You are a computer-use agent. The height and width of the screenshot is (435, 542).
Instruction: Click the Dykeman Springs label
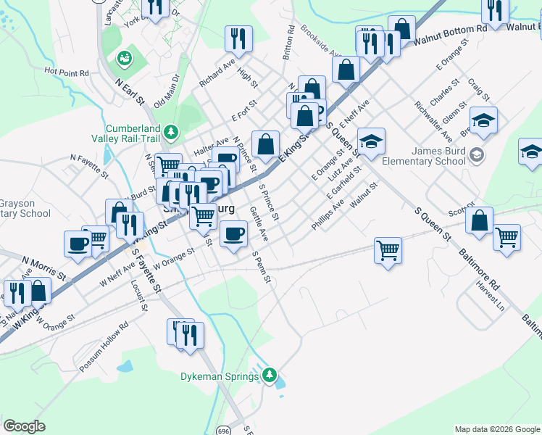point(220,376)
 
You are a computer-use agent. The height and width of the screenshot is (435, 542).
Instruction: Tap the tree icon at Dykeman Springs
point(270,375)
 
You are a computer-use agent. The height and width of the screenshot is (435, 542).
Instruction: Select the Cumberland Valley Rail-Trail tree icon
point(170,131)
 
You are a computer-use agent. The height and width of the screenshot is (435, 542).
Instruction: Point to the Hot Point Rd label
point(66,72)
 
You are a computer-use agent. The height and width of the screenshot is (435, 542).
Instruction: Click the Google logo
point(24,426)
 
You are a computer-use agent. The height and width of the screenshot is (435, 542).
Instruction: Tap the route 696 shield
point(223,431)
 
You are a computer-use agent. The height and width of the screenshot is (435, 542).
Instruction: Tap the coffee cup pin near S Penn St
point(233,234)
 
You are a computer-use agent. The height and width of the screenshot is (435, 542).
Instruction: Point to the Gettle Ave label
point(259,224)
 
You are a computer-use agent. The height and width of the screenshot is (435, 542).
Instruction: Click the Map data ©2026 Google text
point(496,429)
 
